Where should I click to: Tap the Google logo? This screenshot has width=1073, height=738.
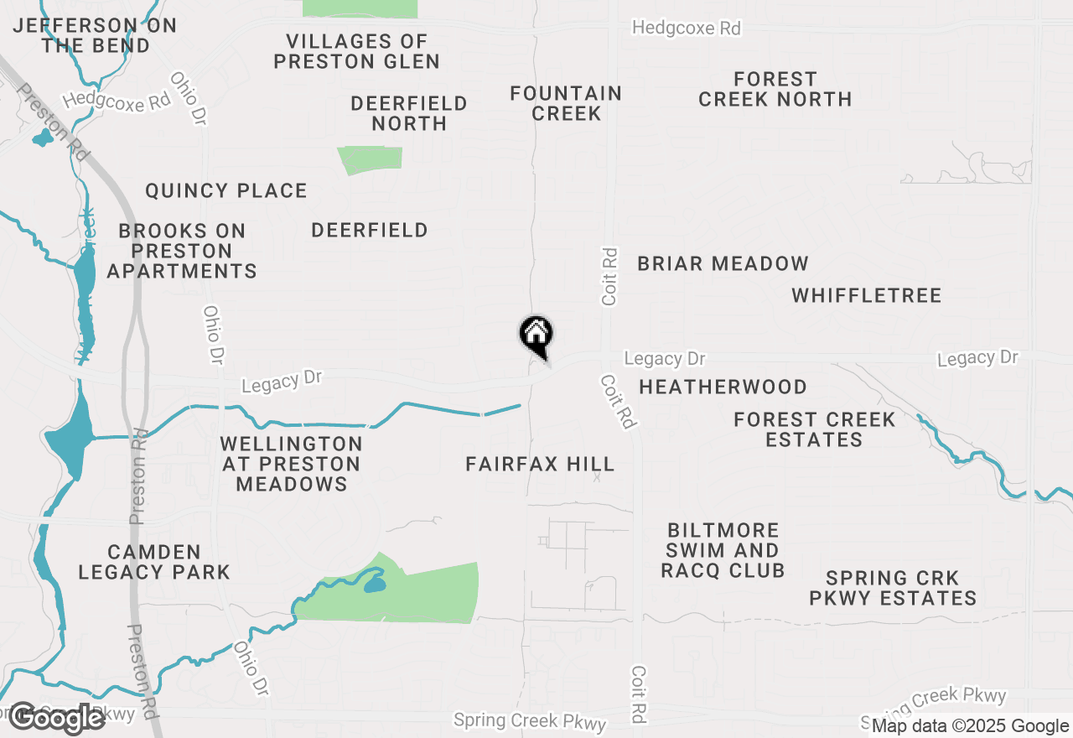click(57, 718)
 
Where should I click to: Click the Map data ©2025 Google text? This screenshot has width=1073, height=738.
click(970, 726)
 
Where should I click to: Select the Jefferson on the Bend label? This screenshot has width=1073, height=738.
click(95, 35)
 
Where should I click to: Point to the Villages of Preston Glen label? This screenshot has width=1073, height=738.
click(356, 51)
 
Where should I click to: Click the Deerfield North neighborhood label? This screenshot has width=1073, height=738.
click(409, 113)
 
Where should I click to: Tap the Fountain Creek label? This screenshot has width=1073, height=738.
click(566, 103)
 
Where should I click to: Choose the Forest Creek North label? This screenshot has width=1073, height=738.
click(775, 89)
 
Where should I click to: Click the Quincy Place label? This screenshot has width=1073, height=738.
click(226, 191)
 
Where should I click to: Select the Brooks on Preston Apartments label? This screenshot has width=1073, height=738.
click(182, 251)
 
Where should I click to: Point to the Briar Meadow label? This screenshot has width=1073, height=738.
click(723, 263)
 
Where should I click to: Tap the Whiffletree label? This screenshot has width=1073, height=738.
click(866, 295)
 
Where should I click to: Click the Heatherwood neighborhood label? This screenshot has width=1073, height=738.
click(723, 387)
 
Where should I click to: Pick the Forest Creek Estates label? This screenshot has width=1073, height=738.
click(814, 429)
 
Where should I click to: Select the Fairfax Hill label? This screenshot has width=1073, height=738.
click(540, 464)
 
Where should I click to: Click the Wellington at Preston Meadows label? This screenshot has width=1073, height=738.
click(291, 464)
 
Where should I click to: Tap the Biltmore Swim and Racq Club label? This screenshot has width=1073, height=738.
click(723, 551)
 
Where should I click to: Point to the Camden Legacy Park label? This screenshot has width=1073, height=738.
click(154, 562)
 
